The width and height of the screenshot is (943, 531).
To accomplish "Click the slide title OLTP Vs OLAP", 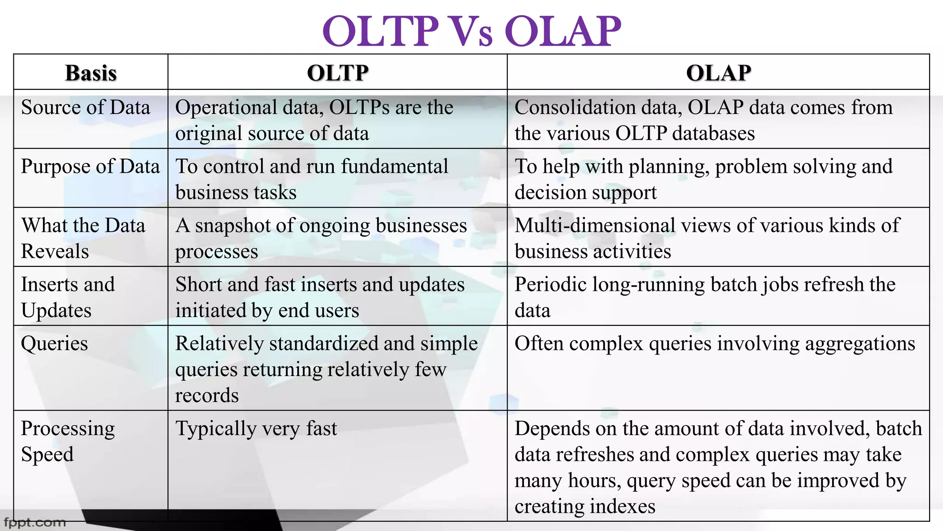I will (471, 31).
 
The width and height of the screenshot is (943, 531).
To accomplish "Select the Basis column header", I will (91, 73).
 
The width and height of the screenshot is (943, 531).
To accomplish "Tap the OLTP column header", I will (338, 73).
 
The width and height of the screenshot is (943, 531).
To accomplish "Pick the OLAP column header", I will (718, 73).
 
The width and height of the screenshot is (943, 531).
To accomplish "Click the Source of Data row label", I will (86, 108).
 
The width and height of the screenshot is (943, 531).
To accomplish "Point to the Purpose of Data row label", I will (90, 167).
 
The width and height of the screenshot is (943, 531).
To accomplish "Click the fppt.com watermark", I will (35, 523).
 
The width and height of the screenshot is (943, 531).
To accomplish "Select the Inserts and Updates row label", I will (67, 297).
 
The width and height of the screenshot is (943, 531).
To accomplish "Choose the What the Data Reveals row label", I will (83, 238).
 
